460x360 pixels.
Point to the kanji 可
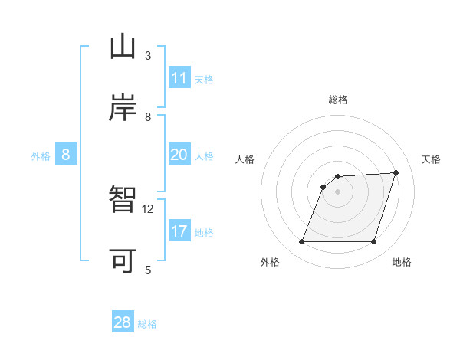tap(123, 260)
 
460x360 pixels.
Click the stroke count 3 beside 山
tap(148, 56)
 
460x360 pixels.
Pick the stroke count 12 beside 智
tap(148, 208)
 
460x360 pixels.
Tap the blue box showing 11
tap(179, 78)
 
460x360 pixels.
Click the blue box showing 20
tap(179, 155)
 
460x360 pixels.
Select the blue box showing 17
tap(179, 231)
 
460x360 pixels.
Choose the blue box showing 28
tap(123, 322)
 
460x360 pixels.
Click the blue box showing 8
tap(66, 155)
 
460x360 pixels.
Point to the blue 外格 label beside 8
tap(41, 156)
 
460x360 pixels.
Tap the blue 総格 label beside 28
tap(147, 324)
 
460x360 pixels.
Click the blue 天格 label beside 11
tap(204, 80)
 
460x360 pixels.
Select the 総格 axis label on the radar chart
tap(338, 100)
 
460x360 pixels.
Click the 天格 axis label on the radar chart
tap(432, 159)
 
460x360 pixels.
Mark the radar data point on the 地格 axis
tap(373, 242)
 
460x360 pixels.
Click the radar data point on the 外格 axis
tap(301, 242)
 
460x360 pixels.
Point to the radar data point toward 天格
tap(396, 172)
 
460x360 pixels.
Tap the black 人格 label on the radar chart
tap(245, 159)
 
